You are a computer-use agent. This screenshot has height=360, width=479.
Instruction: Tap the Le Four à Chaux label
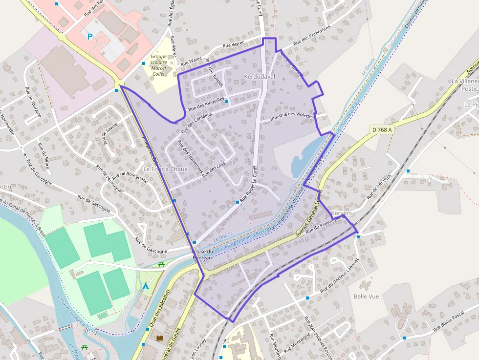pyautogui.click(x=165, y=169)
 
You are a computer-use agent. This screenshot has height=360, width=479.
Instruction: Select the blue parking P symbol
pyautogui.click(x=89, y=36)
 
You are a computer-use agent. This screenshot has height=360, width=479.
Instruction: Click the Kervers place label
pyautogui.click(x=341, y=213)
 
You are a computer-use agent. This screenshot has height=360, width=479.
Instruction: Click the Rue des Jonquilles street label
pyautogui.click(x=206, y=104)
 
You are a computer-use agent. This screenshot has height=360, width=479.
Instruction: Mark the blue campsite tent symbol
pyautogui.click(x=145, y=286)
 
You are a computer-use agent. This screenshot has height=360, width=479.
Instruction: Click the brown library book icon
pyautogui.click(x=159, y=338)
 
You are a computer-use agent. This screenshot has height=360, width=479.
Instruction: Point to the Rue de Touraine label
pyautogui.click(x=33, y=103)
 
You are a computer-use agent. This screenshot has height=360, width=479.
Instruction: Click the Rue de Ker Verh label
pyautogui.click(x=379, y=187)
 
